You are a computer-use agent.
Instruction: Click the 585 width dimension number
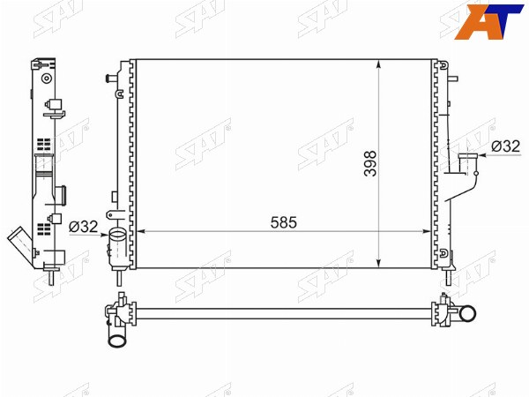click(283, 222)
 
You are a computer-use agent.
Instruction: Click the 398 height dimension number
click(370, 163)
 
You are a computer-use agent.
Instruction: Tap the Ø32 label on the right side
click(506, 146)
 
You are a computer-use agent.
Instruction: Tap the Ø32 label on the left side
click(84, 227)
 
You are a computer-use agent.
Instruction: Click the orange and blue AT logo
click(488, 21)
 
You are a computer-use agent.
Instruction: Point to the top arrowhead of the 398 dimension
click(379, 64)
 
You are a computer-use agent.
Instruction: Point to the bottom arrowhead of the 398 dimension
click(379, 263)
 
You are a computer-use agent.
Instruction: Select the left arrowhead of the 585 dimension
click(141, 231)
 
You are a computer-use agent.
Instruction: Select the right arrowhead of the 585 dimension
click(427, 231)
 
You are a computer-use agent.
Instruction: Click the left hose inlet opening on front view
click(117, 234)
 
